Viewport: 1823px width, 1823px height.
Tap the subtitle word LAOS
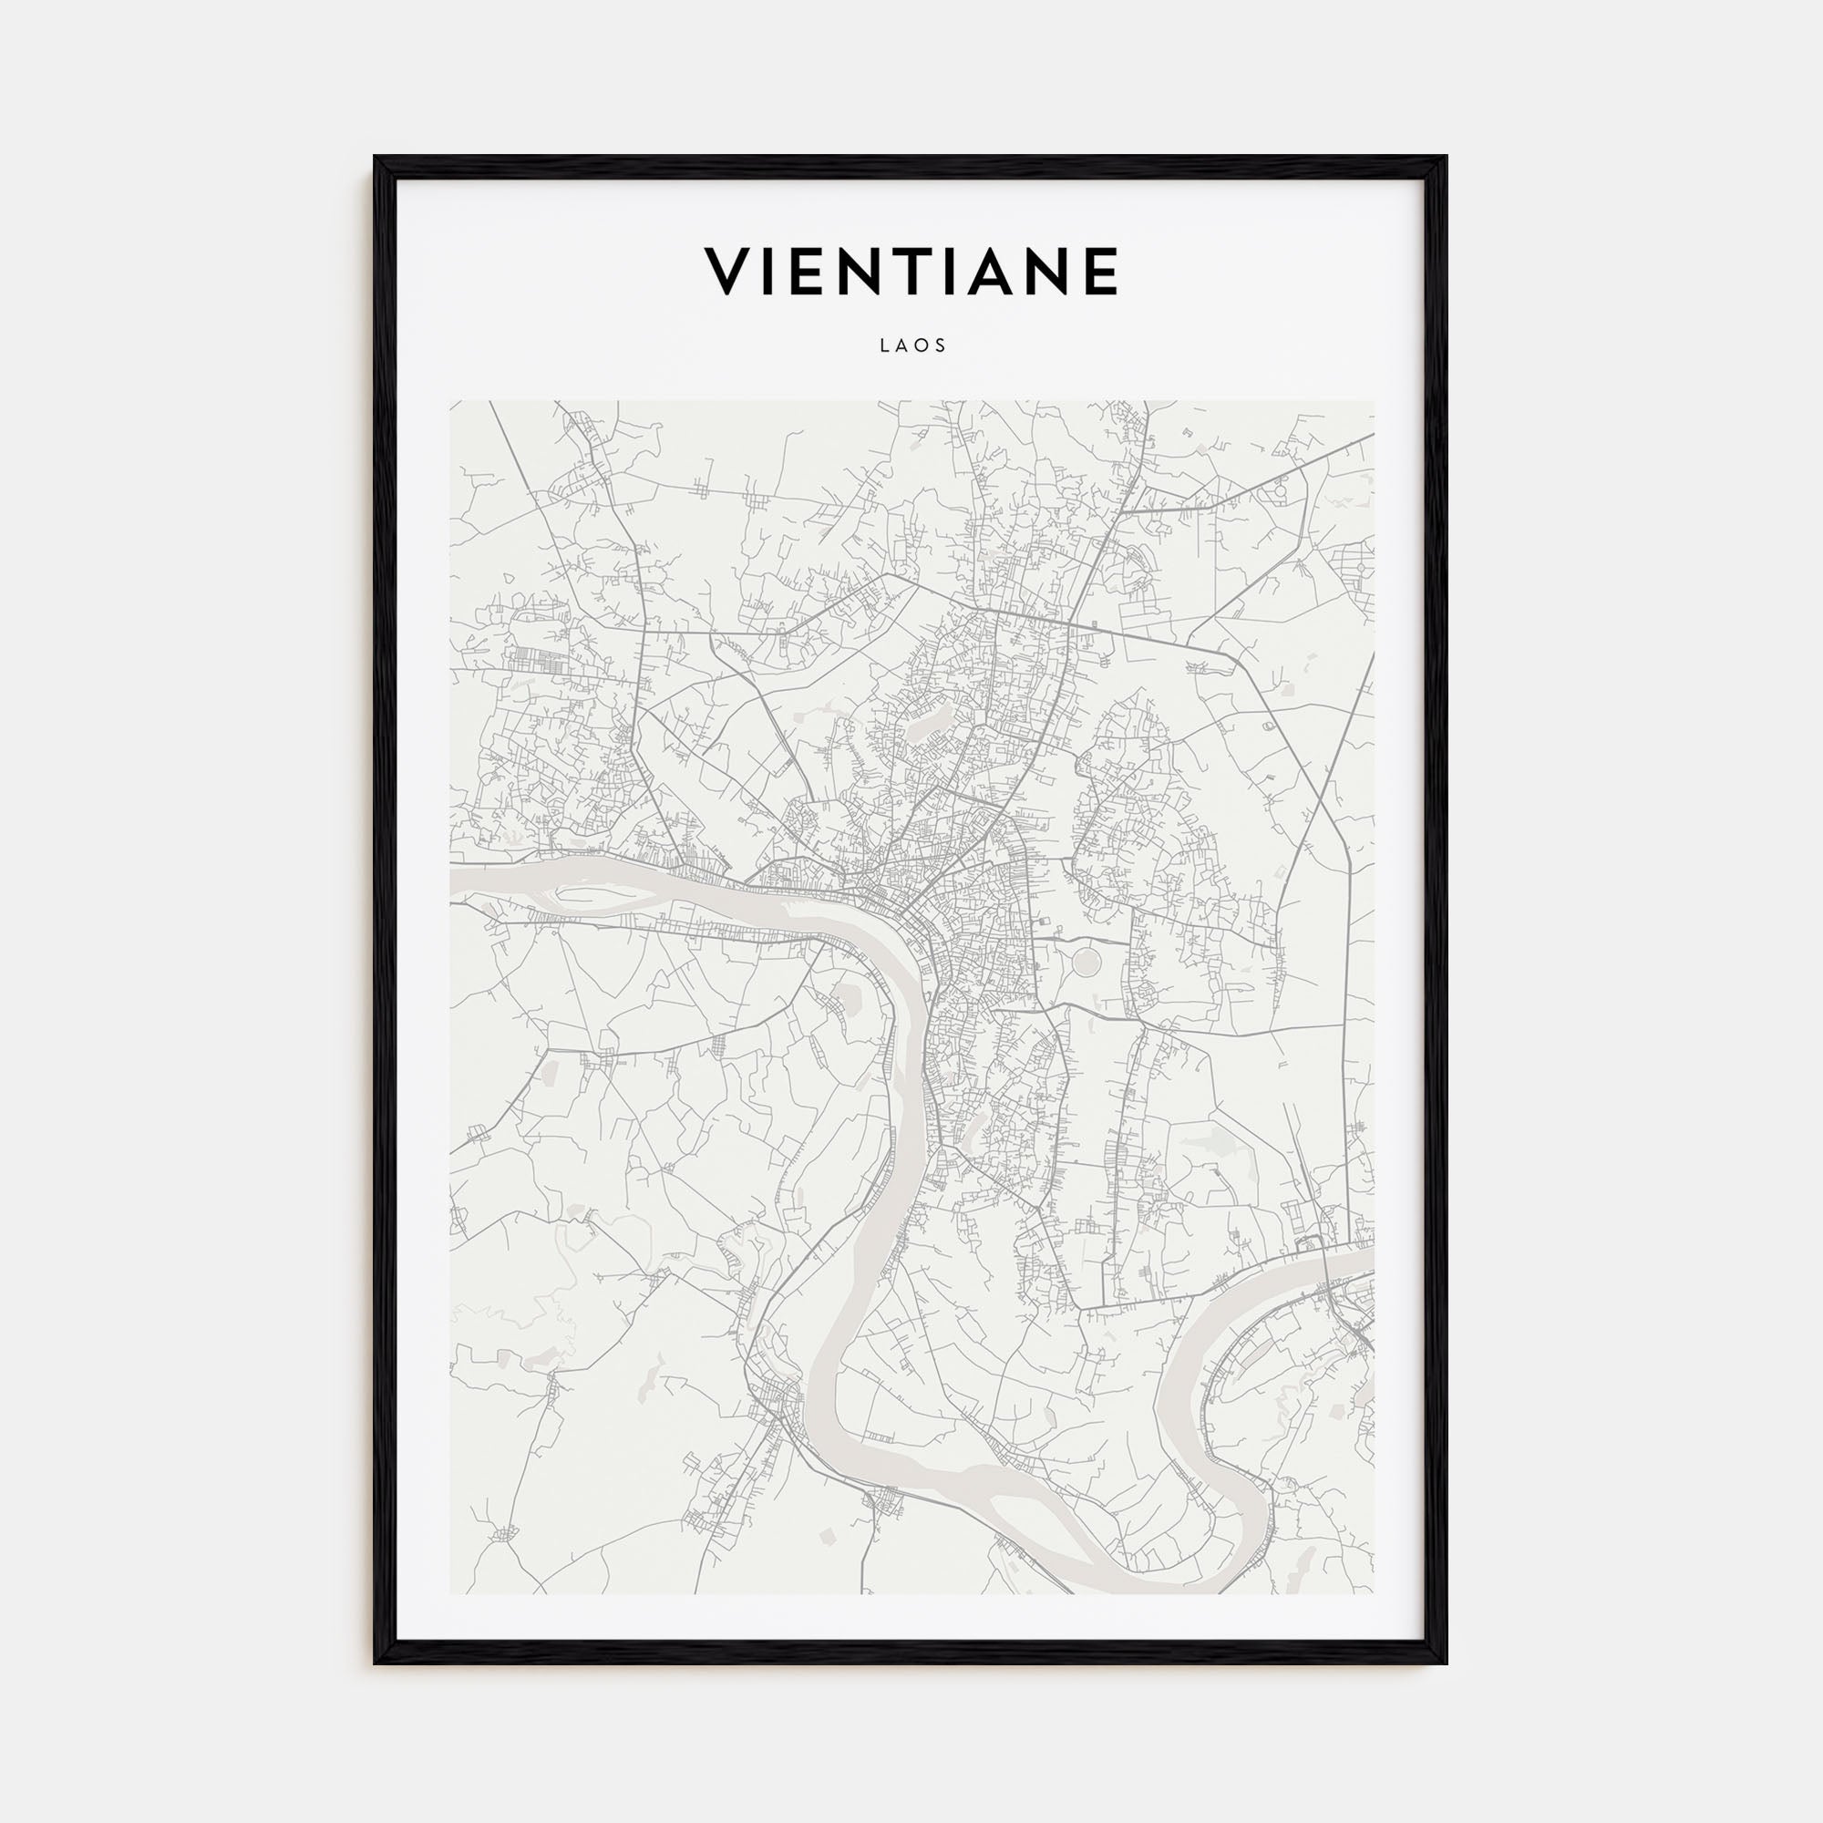[911, 346]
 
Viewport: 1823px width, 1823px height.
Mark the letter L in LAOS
[884, 346]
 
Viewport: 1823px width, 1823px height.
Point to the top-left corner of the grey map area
[451, 402]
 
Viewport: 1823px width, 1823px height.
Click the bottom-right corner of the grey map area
[1373, 1592]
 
